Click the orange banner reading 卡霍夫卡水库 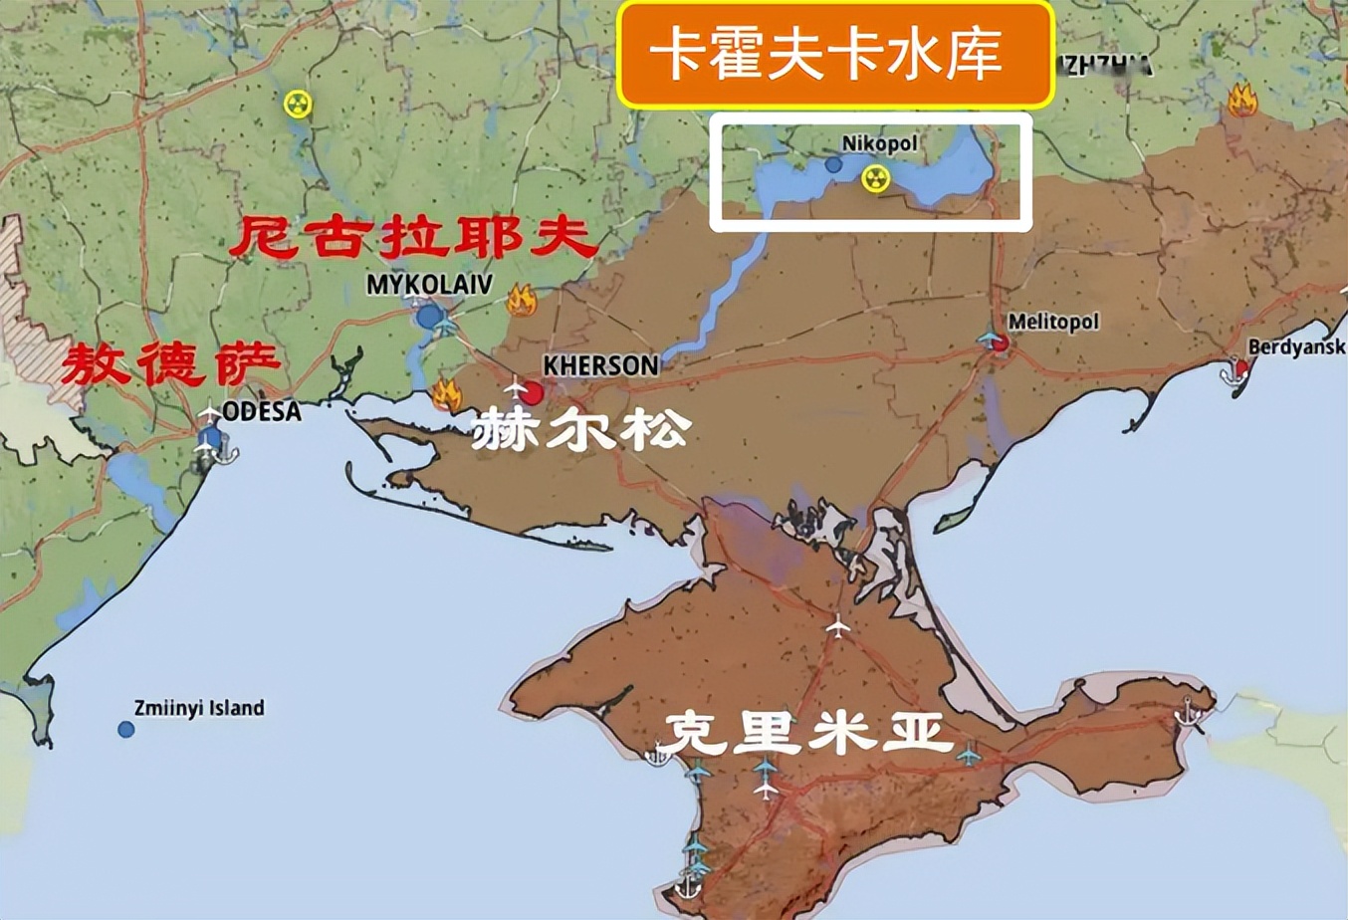click(x=834, y=55)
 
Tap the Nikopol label click(x=879, y=143)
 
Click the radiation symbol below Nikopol click(x=875, y=178)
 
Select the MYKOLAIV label click(x=429, y=285)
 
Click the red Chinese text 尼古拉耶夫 click(x=413, y=239)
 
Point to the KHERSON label click(x=600, y=366)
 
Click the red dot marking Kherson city click(x=533, y=393)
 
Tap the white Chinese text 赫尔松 click(x=580, y=430)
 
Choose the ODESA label click(x=262, y=411)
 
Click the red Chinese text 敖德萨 click(x=169, y=365)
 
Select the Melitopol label click(x=1053, y=322)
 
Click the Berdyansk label click(x=1295, y=347)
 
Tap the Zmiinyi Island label click(x=199, y=708)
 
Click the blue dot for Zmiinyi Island click(x=126, y=730)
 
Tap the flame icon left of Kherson click(x=447, y=395)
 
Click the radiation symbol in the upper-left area click(x=297, y=104)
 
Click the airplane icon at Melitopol click(x=990, y=340)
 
